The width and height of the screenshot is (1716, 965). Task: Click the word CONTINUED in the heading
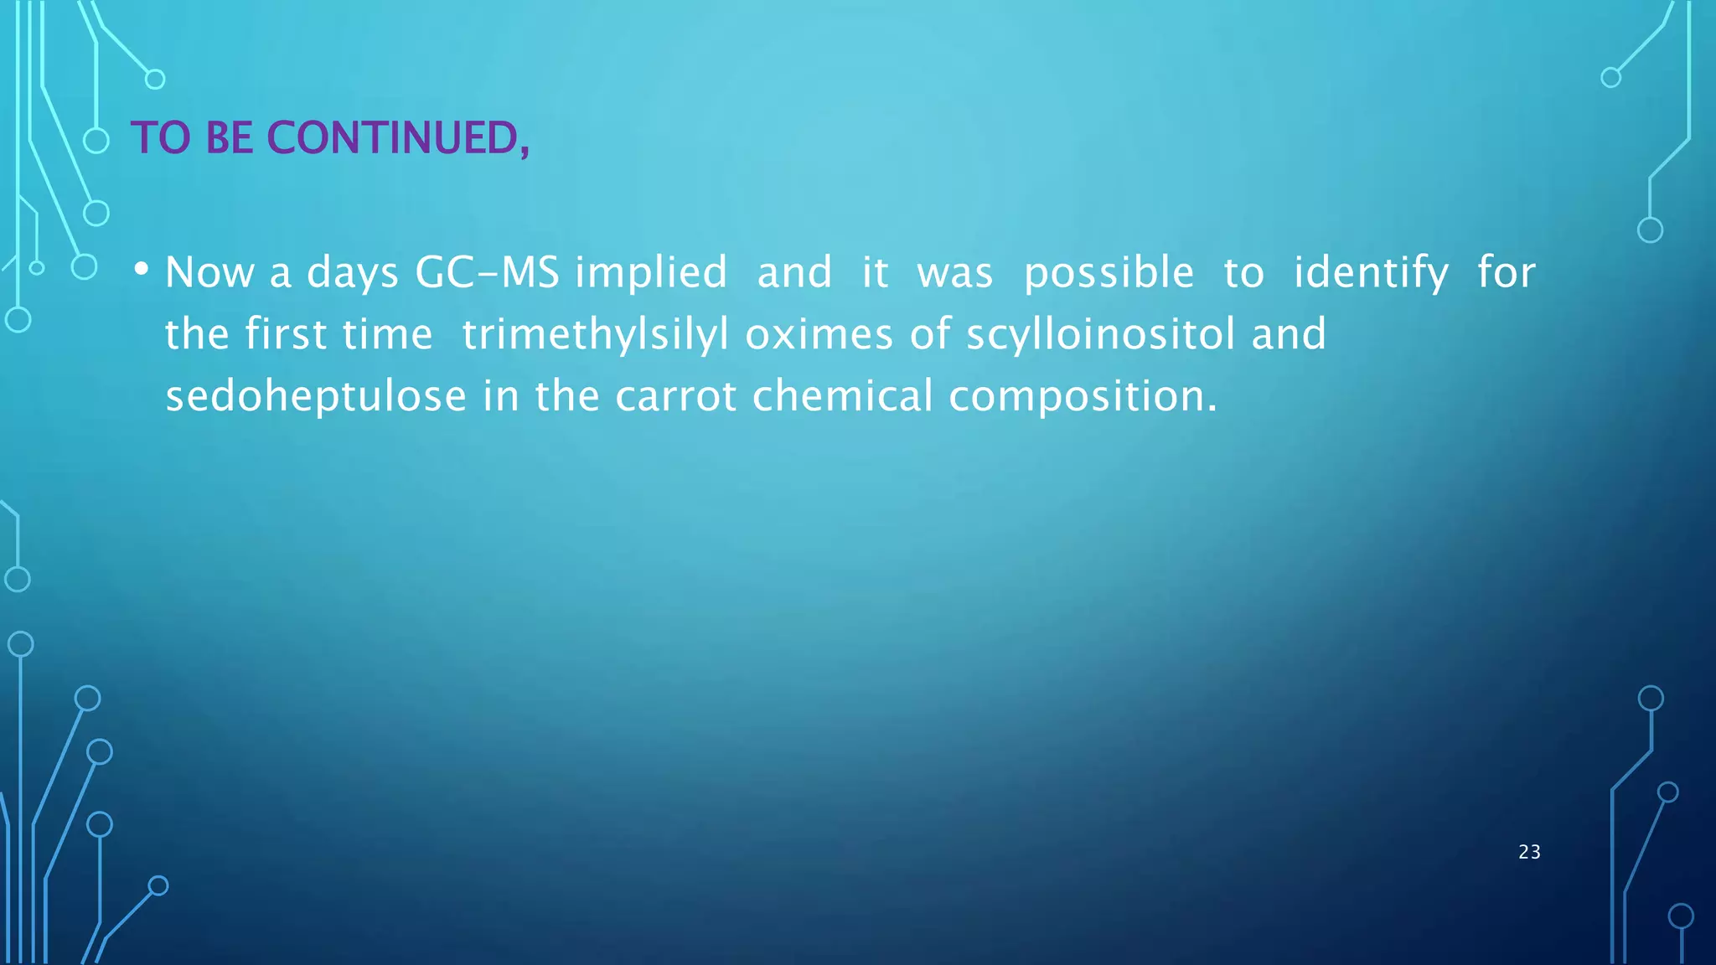[x=398, y=138]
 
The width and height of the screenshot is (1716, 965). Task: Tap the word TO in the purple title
[x=161, y=138]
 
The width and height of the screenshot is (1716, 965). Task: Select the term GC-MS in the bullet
[x=487, y=272]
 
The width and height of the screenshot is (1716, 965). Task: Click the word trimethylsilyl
[x=595, y=334]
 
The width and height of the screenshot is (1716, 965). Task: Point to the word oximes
[x=819, y=334]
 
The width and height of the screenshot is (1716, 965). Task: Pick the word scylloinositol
[x=1100, y=334]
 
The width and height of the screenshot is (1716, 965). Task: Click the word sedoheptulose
[x=316, y=395]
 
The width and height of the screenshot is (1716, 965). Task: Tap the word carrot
[x=675, y=395]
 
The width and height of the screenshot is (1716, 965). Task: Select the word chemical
[x=842, y=395]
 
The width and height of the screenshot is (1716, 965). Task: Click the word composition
[x=1082, y=397]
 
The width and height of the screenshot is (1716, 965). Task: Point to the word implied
[x=651, y=272]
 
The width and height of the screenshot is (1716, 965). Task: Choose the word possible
[x=1109, y=272]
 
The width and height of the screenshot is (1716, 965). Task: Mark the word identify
[x=1371, y=272]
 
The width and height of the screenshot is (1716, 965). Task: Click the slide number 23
[x=1529, y=852]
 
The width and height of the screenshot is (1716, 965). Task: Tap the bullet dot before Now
[x=142, y=270]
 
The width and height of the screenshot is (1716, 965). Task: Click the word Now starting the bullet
[x=209, y=272]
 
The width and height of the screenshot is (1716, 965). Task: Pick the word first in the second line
[x=285, y=334]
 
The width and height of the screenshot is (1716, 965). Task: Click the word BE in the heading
[x=229, y=138]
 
